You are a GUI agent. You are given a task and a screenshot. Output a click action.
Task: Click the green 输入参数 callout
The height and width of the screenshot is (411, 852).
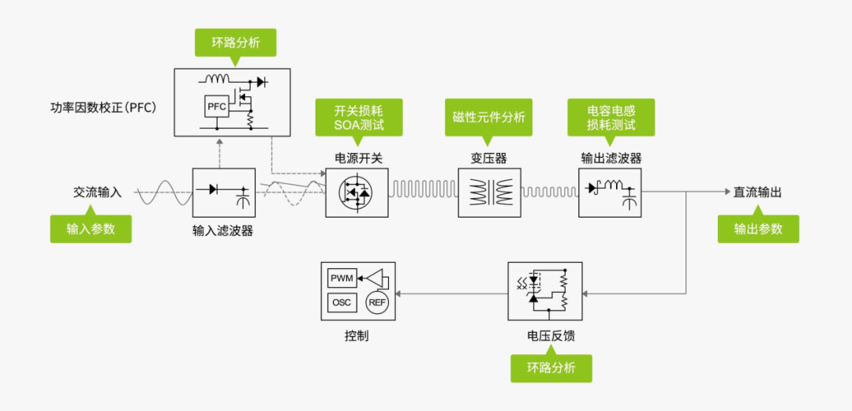pyautogui.click(x=91, y=229)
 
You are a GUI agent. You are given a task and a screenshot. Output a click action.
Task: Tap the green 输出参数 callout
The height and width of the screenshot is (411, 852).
pyautogui.click(x=758, y=229)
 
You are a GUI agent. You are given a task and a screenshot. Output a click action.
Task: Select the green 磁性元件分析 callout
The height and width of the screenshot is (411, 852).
pyautogui.click(x=488, y=117)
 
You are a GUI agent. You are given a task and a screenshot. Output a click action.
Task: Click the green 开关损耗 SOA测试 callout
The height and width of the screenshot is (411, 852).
pyautogui.click(x=359, y=118)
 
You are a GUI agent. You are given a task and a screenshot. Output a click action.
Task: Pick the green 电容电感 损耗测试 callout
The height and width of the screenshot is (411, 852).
pyautogui.click(x=611, y=118)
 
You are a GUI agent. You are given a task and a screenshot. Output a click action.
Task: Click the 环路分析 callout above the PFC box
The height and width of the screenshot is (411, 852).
pyautogui.click(x=236, y=43)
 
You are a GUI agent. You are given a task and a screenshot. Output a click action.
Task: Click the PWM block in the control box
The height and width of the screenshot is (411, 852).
pyautogui.click(x=342, y=278)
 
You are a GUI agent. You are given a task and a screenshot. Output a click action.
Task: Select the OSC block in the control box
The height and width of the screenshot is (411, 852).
pyautogui.click(x=342, y=302)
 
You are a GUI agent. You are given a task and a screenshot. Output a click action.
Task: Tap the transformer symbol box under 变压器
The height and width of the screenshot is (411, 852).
pyautogui.click(x=490, y=192)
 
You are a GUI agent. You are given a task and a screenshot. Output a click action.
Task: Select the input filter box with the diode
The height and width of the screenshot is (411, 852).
pyautogui.click(x=224, y=192)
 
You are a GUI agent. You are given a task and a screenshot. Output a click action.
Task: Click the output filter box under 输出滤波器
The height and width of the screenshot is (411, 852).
pyautogui.click(x=611, y=192)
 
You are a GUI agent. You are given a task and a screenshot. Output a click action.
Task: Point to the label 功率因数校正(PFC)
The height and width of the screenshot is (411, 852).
pyautogui.click(x=110, y=105)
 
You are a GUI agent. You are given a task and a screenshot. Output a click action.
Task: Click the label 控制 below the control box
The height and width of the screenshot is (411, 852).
pyautogui.click(x=357, y=336)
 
